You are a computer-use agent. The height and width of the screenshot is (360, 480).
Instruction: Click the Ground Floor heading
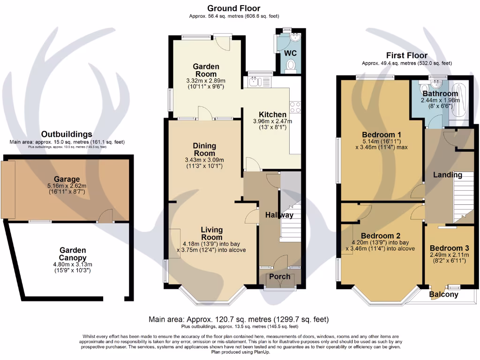coord(233,8)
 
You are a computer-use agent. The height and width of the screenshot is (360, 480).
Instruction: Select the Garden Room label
coord(206,70)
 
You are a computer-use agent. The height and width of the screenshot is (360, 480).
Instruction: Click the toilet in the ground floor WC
coord(291,65)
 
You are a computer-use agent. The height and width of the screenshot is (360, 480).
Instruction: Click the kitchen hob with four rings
coord(295,107)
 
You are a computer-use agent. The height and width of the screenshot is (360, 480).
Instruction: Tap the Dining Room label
coord(204,150)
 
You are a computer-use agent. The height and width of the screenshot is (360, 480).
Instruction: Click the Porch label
coord(280,277)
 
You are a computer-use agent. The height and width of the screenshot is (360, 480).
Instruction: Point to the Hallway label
coord(280,215)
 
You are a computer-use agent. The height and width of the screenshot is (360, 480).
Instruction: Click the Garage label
coord(67,179)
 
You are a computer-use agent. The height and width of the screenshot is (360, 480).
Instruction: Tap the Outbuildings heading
coord(67,135)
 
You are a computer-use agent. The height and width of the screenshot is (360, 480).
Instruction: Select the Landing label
coord(447,175)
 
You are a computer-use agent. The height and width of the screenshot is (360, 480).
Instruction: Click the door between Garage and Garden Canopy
coord(107,216)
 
